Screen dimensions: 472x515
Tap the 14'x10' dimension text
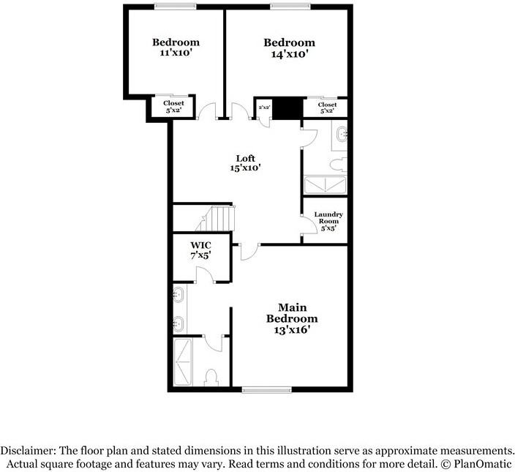(289, 53)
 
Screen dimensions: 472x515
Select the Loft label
(245, 158)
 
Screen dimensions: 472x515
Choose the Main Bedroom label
(291, 313)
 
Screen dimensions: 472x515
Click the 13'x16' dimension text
(291, 330)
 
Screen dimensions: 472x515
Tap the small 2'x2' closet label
(264, 108)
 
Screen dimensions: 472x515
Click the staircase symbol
(219, 217)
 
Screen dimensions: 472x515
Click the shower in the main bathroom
(185, 362)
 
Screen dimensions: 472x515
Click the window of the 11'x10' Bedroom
(175, 7)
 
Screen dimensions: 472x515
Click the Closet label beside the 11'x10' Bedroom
(173, 103)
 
